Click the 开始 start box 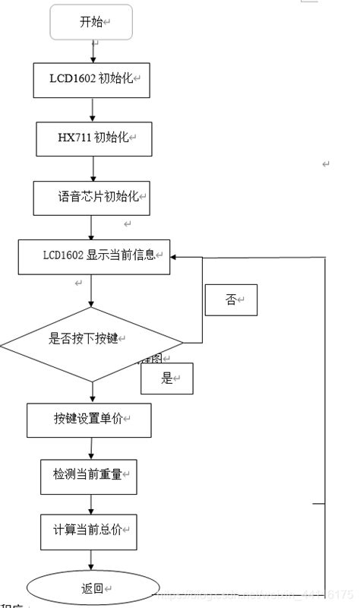[x=91, y=22]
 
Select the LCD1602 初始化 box [x=92, y=78]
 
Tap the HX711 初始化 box [x=93, y=138]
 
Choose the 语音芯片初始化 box [x=91, y=197]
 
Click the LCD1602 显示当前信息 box [x=94, y=256]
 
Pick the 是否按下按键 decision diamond [x=91, y=340]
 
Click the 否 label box [x=232, y=299]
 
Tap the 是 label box [x=167, y=378]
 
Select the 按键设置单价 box [x=89, y=420]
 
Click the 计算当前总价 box [x=89, y=530]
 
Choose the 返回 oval [x=92, y=589]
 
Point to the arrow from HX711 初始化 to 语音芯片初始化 [x=93, y=168]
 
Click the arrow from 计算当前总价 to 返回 [x=91, y=560]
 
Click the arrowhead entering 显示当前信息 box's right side [x=175, y=257]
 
